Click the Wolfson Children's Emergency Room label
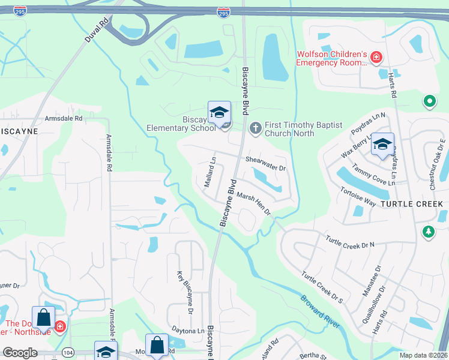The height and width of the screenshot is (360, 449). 331,58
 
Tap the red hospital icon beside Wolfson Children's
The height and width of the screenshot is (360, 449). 376,58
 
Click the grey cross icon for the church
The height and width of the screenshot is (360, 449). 255,127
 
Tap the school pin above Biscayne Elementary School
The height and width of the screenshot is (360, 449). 219,112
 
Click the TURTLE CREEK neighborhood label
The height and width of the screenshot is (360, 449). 412,204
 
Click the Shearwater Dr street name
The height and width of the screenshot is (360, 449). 266,163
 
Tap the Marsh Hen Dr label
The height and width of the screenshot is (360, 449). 253,203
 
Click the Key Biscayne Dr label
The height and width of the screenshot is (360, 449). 185,292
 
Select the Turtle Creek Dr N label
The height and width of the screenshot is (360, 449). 350,241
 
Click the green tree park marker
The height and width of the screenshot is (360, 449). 428,232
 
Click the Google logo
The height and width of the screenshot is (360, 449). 20,353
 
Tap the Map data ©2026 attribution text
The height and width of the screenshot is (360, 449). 423,355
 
